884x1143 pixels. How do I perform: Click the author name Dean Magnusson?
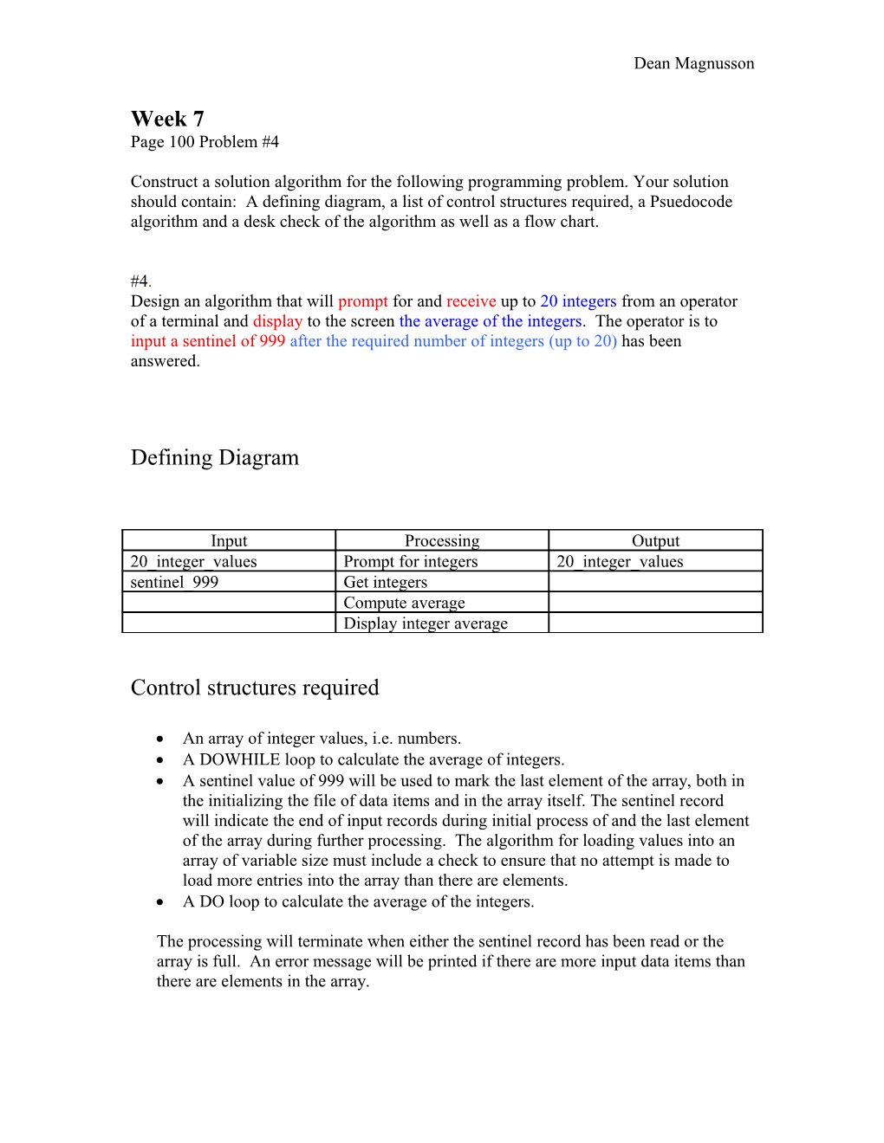[x=693, y=63]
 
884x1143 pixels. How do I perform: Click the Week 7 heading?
[x=167, y=119]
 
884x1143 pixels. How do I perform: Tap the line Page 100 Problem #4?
[x=205, y=142]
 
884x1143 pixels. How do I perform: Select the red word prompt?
[x=362, y=301]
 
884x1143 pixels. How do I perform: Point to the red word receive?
[x=471, y=301]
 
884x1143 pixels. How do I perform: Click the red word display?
[x=277, y=321]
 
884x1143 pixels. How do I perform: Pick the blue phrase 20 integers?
[x=578, y=301]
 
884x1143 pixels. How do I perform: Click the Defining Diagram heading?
[x=214, y=457]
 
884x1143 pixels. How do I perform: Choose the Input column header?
[x=229, y=540]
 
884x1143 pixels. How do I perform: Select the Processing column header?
[x=442, y=540]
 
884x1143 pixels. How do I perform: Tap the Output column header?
[x=655, y=540]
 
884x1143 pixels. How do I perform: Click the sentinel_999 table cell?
[x=174, y=582]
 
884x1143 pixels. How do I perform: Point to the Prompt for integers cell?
[x=411, y=561]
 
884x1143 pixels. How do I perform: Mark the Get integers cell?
[x=386, y=582]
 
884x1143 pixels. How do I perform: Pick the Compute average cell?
[x=404, y=603]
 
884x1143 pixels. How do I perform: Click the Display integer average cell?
[x=426, y=623]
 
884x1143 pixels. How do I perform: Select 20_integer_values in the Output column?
[x=620, y=561]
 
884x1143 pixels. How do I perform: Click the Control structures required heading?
[x=255, y=688]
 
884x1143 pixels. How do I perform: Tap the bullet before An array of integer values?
[x=160, y=739]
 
